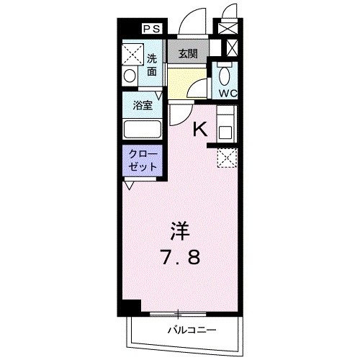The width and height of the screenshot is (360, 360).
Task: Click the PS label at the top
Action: (x=151, y=29)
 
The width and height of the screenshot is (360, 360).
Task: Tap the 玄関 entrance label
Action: (x=188, y=53)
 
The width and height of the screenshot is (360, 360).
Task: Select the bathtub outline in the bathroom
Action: (x=142, y=130)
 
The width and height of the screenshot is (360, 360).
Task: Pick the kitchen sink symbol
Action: (x=225, y=132)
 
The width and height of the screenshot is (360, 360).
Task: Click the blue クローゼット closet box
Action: (x=141, y=161)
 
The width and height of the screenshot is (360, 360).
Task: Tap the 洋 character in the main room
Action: (x=179, y=232)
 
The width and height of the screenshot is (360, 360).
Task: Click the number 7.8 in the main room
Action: (x=180, y=258)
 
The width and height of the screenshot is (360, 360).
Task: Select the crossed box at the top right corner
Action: (x=229, y=29)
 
